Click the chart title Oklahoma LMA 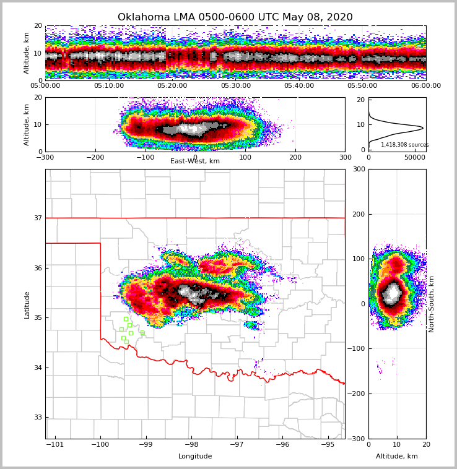point(235,17)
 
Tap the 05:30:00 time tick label point(235,86)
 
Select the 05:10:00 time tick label point(108,86)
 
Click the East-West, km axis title point(195,161)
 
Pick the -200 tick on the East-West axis point(95,157)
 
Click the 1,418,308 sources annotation point(404,145)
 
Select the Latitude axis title point(27,304)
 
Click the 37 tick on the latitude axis point(38,218)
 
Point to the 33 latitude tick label point(38,417)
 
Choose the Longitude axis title point(195,457)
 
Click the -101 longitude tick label point(55,445)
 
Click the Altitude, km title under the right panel point(397,457)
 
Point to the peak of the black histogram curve point(423,128)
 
